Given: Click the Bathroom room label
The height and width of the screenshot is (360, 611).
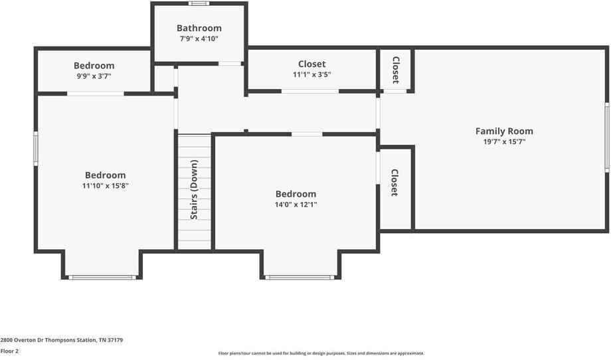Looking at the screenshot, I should [x=199, y=28].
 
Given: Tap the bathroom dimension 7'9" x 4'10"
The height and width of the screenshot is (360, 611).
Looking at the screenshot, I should [x=199, y=39].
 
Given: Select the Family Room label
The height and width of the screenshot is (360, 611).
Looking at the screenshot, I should [x=504, y=131].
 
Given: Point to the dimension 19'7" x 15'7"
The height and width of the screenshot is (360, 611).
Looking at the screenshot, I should [x=504, y=142].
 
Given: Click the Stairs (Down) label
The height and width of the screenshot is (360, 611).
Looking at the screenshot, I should [x=194, y=189].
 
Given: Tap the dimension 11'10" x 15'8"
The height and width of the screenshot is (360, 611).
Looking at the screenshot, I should [x=105, y=187].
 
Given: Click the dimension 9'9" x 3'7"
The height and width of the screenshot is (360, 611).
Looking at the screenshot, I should [x=94, y=76].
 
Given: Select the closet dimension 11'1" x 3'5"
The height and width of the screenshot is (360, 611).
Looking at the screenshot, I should [x=311, y=75].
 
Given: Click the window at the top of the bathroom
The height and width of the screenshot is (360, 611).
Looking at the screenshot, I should [x=199, y=3].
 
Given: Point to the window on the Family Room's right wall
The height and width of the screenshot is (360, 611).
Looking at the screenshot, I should [x=606, y=137].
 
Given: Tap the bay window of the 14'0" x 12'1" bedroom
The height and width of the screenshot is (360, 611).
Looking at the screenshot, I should [x=300, y=277].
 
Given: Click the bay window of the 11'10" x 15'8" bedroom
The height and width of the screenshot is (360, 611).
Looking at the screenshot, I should [x=102, y=277].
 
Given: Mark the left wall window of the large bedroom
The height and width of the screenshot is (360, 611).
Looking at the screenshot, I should [x=36, y=148].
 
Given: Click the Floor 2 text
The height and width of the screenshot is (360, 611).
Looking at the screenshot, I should [x=9, y=351].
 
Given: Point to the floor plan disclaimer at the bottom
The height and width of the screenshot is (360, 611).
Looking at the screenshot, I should [x=321, y=353].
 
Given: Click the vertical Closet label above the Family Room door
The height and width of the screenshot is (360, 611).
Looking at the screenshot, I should [x=395, y=70].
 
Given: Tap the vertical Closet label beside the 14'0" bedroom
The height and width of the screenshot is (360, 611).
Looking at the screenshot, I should [x=394, y=183].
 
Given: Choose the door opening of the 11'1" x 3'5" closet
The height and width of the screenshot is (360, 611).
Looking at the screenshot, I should [x=309, y=91].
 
